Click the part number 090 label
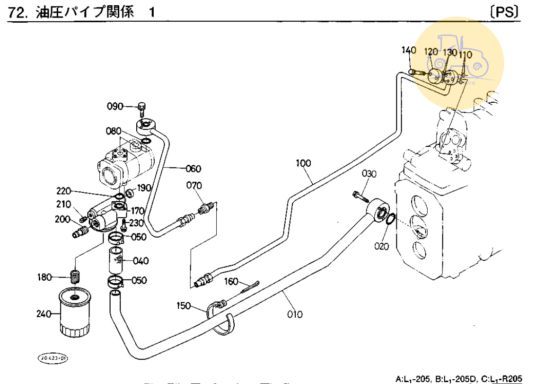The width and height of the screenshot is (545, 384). click(x=114, y=107)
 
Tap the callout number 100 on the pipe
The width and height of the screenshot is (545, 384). click(x=303, y=164)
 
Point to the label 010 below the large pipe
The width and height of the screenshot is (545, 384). click(x=294, y=314)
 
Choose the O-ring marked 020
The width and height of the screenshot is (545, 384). click(x=388, y=219)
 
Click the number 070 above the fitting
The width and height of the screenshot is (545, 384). click(x=193, y=185)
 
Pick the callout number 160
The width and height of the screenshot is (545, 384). click(x=231, y=281)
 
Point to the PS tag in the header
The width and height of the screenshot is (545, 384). click(x=505, y=12)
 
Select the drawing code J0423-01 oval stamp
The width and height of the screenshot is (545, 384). click(x=53, y=358)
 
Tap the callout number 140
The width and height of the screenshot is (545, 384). click(x=409, y=51)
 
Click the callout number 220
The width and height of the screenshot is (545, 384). click(x=63, y=191)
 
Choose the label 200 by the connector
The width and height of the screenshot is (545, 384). click(x=62, y=219)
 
